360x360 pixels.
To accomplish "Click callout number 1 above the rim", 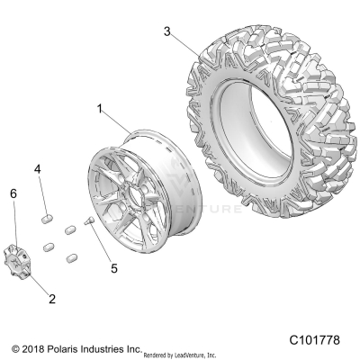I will [99, 110].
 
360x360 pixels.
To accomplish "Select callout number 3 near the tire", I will [167, 31].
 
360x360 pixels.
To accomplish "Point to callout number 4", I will [39, 169].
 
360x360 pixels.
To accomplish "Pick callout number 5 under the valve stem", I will [113, 241].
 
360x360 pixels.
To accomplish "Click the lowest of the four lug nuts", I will [70, 257].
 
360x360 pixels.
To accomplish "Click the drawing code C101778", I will [315, 341].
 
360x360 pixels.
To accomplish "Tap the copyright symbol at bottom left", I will [15, 346].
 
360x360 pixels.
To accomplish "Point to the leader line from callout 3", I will [184, 42].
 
